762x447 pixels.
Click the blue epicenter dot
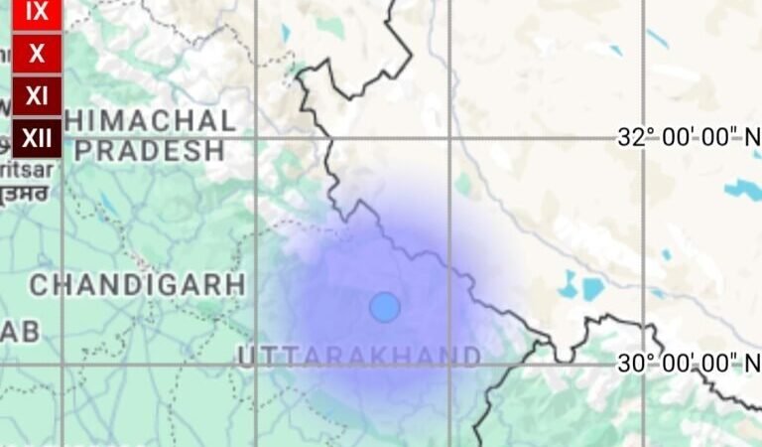point(385,307)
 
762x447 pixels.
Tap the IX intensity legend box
point(37,12)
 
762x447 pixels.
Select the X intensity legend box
point(37,54)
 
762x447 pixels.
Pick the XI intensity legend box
point(37,96)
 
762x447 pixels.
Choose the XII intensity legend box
point(37,138)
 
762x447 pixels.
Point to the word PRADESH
point(150,151)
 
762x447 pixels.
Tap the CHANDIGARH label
point(137,285)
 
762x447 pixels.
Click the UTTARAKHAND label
point(359,356)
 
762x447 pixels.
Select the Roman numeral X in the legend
point(37,54)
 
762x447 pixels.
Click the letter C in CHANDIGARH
point(39,285)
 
